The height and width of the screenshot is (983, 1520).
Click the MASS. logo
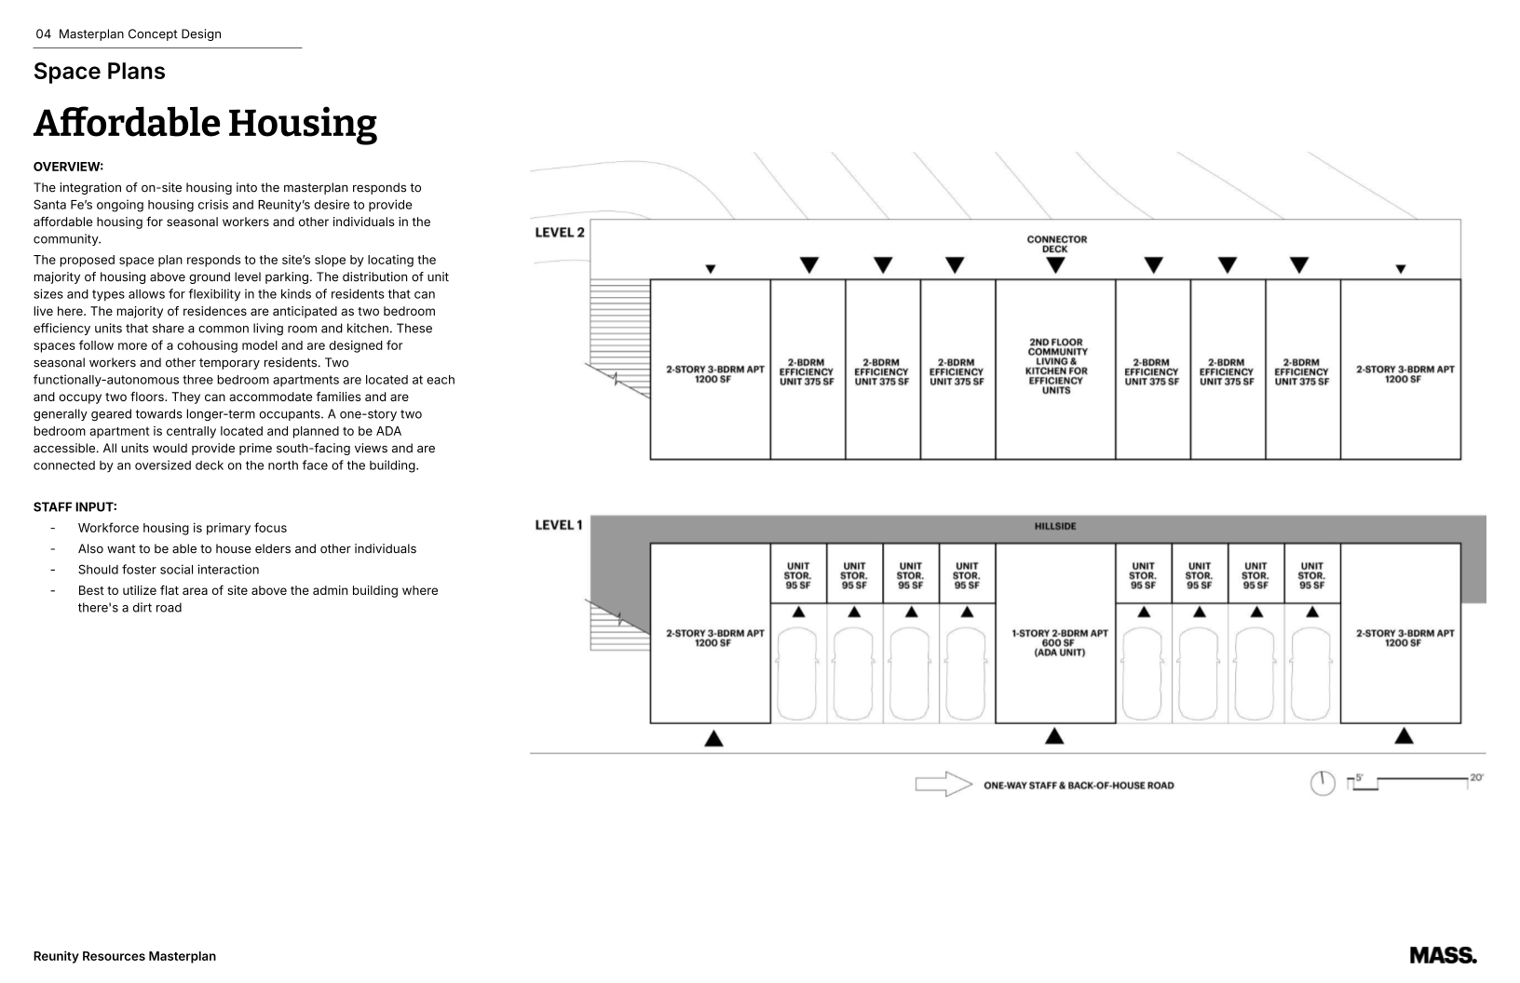(1443, 955)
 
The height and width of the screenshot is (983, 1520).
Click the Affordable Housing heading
(205, 123)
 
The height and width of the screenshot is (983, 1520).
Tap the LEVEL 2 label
(559, 232)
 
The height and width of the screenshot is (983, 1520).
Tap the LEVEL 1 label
(558, 525)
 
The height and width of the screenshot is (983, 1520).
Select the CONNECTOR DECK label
(1056, 244)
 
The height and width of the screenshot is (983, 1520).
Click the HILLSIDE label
(1054, 527)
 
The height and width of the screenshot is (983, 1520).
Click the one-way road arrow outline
(943, 784)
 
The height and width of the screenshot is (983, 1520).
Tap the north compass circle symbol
(1323, 784)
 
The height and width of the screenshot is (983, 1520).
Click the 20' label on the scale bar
(1476, 777)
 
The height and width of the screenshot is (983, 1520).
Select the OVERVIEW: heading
(68, 167)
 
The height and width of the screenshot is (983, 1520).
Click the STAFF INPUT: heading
(75, 507)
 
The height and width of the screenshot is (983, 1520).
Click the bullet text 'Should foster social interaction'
(169, 570)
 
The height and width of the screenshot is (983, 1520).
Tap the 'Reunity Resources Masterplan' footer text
(124, 956)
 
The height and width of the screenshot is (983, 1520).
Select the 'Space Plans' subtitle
(99, 72)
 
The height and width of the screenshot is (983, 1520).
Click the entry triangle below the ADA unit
(1054, 736)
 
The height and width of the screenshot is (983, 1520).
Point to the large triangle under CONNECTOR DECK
(1055, 265)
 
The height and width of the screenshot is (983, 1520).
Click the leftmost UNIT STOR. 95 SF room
(798, 575)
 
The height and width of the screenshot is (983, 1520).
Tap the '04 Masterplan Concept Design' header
(129, 34)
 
